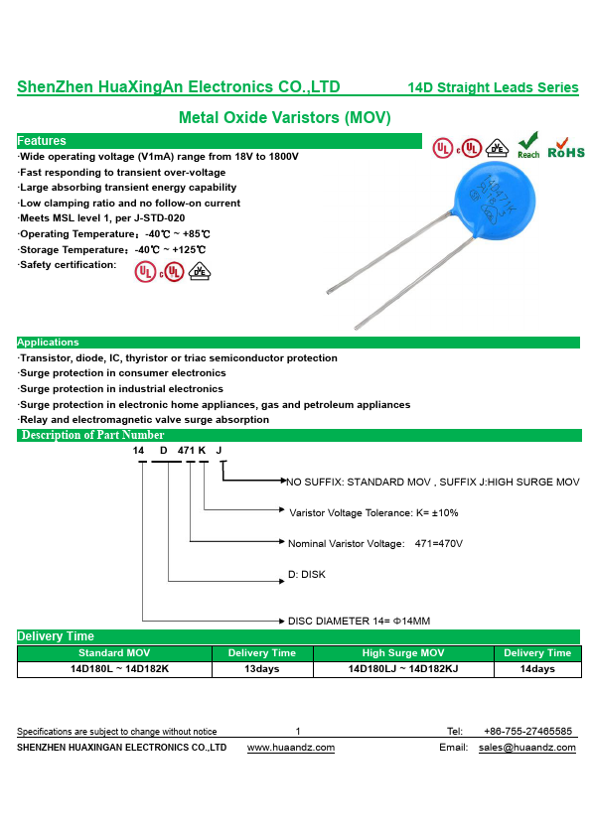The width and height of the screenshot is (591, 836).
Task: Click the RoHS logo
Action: coord(566,148)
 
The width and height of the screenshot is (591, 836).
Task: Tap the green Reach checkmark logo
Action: coord(528,145)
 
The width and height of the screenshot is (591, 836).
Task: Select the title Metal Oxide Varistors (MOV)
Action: coord(285,117)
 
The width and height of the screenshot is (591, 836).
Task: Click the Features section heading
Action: coord(42,141)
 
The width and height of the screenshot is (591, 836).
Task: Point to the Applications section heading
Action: coord(48,343)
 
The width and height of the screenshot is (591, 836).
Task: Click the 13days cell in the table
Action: coord(262,668)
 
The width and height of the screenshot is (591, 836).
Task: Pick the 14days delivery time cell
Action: coord(537,668)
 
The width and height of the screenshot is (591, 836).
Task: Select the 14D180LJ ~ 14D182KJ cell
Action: coord(403,668)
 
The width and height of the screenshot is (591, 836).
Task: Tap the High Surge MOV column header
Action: coord(403,653)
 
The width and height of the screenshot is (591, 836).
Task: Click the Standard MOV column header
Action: coord(114,653)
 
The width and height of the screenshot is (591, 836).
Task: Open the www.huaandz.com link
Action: coord(291,748)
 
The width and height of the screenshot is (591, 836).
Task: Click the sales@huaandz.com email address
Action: coord(527,748)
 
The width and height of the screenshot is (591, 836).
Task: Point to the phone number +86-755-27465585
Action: coord(527,731)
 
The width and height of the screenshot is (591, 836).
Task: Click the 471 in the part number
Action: coord(186,451)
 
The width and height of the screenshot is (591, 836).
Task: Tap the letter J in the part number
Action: coord(219,451)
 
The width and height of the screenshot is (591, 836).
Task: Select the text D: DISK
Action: coord(307,574)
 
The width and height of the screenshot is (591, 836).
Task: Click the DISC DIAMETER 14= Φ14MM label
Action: coord(359,622)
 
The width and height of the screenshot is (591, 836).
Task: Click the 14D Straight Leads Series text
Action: coord(493,87)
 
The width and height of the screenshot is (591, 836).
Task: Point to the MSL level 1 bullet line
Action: coord(101,218)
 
